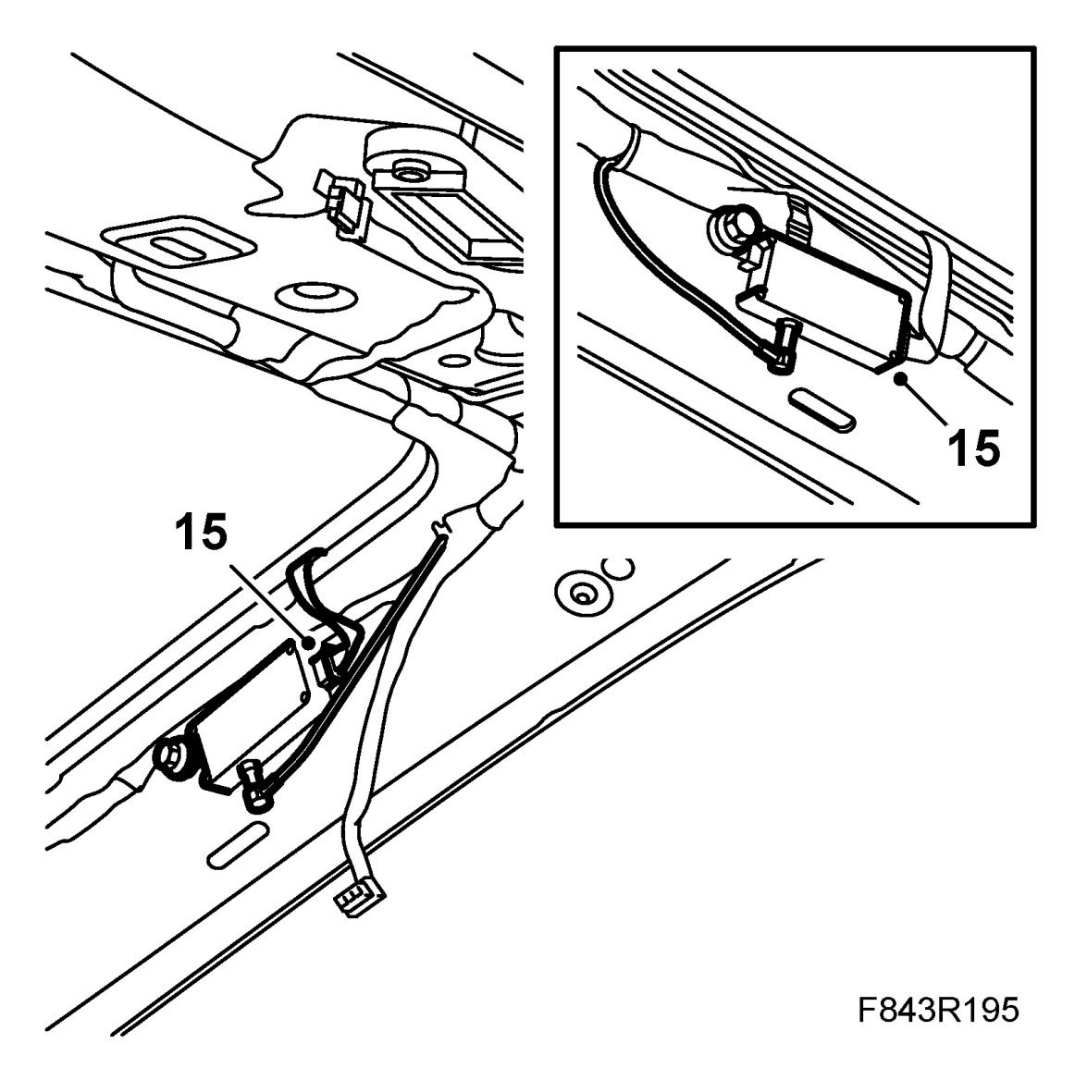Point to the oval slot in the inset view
click(x=819, y=408)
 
